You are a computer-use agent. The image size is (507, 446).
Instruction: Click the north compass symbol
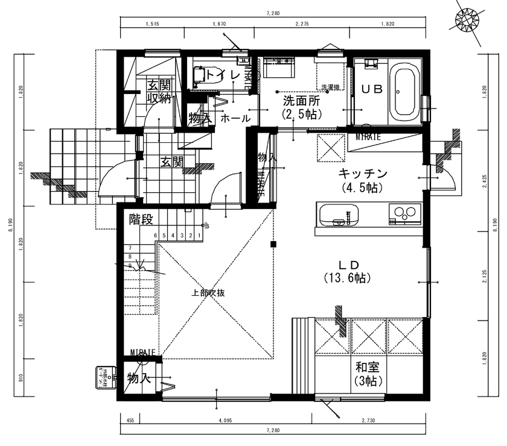[469, 20]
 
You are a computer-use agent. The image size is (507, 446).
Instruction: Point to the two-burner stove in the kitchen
[404, 213]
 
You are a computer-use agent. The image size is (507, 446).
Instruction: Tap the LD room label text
[348, 265]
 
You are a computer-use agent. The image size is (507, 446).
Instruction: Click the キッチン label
[362, 174]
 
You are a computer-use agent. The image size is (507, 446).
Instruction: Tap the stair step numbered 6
[156, 236]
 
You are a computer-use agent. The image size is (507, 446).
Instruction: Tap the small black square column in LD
[273, 244]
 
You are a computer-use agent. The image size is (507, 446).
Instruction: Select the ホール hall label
[235, 119]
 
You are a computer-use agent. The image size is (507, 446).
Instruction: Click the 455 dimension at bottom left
[130, 420]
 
